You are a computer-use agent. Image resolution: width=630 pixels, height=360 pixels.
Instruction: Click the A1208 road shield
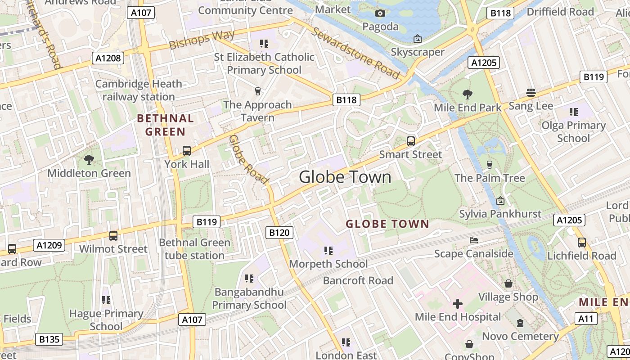coord(108,58)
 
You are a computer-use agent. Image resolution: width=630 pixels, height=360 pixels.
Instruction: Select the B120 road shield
coord(279,232)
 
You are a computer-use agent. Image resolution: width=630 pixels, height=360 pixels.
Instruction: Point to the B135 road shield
coord(49,339)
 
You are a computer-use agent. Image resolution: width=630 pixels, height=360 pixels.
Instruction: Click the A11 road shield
coord(586,319)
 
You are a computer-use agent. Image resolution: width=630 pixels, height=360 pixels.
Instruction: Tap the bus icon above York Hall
coord(187,151)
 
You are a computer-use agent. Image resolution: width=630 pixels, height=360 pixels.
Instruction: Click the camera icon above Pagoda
coord(380,13)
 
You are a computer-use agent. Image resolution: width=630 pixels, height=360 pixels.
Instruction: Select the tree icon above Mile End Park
coord(468,94)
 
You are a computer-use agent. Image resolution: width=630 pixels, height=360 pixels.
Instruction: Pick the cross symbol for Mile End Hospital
coord(458,304)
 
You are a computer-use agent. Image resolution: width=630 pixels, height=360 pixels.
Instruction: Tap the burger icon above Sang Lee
coord(531,93)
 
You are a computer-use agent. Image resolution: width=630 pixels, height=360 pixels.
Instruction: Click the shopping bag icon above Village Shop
coord(508,283)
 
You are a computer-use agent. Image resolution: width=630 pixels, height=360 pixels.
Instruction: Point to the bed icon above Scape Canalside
coord(473,240)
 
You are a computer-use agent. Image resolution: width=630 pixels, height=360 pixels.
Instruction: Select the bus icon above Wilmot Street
coord(113,235)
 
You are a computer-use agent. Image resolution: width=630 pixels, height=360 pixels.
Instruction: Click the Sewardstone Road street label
coord(355,53)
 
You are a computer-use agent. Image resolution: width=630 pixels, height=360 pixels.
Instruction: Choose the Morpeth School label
coord(328,264)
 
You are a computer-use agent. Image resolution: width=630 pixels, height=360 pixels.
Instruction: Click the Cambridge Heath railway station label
coord(139,90)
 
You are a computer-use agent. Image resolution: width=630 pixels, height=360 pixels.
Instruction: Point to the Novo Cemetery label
coord(521,336)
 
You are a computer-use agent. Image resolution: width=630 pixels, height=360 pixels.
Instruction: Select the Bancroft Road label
coord(358,281)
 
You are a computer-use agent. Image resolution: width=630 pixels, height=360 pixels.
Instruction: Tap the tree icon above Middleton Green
coord(89,159)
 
